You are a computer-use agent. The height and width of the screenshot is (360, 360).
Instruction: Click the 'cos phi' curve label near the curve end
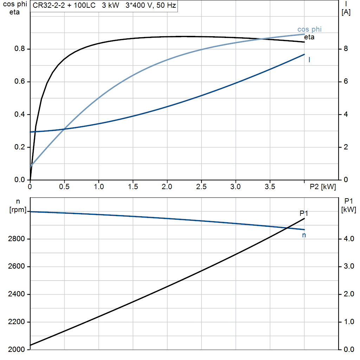click(x=309, y=30)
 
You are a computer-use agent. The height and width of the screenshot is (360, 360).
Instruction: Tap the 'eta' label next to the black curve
click(x=309, y=37)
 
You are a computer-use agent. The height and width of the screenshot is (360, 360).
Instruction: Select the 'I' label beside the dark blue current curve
click(x=309, y=60)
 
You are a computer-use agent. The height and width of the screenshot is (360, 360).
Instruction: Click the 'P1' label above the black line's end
click(x=304, y=213)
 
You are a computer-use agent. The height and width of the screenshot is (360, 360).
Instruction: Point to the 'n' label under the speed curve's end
click(x=304, y=235)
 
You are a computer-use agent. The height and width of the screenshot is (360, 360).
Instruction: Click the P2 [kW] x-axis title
click(x=323, y=187)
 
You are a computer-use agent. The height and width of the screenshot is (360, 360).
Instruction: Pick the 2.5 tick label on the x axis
click(x=201, y=187)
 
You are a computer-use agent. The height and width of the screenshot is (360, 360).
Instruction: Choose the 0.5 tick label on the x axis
click(x=64, y=187)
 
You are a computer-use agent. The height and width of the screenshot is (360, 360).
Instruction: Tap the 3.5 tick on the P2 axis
click(x=270, y=187)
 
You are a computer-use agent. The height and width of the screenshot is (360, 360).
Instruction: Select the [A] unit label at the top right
click(x=346, y=13)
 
